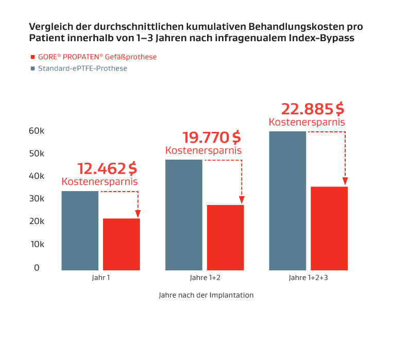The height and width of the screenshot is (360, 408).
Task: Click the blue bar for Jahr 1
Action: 80,231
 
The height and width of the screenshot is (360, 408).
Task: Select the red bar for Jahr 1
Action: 122,244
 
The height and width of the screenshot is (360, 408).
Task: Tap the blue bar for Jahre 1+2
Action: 184,215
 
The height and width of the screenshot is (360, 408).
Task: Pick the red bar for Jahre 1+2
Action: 225,237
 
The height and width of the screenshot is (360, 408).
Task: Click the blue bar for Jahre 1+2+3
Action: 287,201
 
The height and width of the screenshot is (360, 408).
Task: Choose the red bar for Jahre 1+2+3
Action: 329,228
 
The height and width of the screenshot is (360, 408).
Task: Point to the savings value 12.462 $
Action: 107,168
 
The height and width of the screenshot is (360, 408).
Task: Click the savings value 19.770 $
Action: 211,138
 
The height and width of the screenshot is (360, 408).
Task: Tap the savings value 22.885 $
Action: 312,109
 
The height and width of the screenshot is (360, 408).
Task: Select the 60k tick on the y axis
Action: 36,131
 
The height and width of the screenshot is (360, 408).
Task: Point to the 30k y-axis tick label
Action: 36,199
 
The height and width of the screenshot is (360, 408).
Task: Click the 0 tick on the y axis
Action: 37,267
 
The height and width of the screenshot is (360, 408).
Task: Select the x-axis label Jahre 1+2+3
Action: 308,278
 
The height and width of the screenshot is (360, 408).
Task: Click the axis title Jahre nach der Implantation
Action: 206,296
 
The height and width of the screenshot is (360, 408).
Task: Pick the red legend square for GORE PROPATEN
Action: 32,57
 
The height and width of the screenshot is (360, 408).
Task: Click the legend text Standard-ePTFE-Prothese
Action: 82,68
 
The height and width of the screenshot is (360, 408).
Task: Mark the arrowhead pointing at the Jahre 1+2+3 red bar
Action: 345,181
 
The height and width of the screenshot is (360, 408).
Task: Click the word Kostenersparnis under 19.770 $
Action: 203,150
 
